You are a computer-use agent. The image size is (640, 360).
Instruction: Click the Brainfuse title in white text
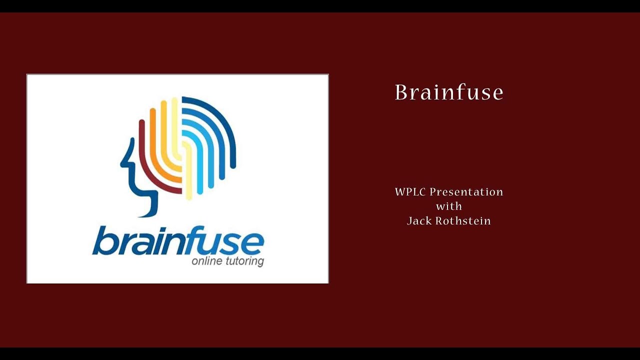tap(448, 92)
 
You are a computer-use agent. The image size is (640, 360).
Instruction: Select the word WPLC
tap(410, 192)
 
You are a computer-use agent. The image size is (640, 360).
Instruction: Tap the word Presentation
tap(466, 192)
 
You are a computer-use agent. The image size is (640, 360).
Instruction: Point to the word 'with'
tap(448, 206)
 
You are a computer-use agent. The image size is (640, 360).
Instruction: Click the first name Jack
tap(418, 220)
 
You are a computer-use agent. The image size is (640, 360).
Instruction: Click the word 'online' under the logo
tap(206, 261)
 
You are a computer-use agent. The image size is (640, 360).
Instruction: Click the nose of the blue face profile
tap(123, 162)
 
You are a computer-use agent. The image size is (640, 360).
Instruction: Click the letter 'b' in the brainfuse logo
tap(102, 241)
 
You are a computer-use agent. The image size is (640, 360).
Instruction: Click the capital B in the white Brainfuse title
tap(401, 92)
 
